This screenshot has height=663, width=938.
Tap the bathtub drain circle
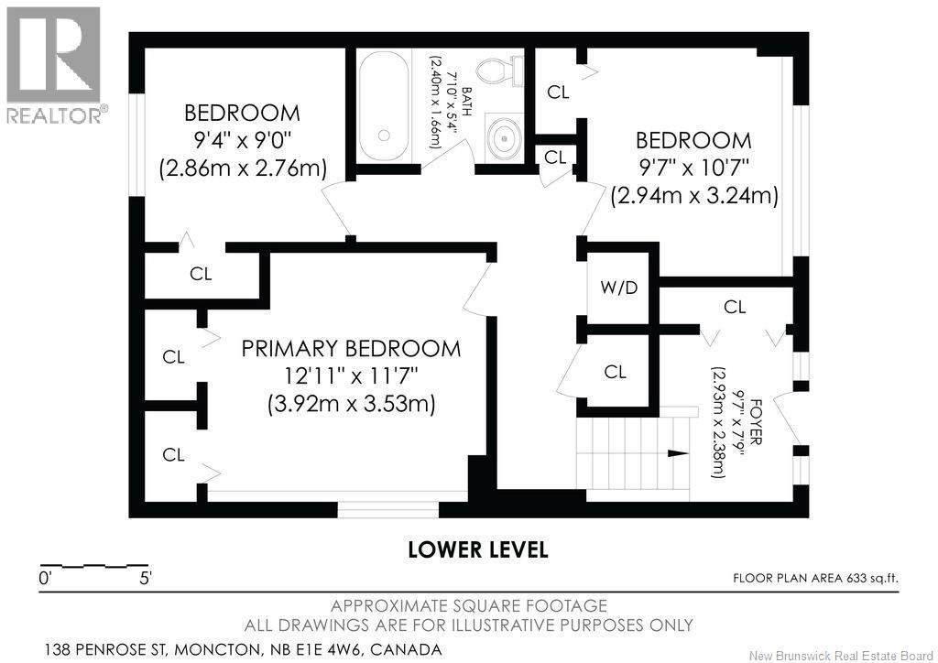pyautogui.click(x=384, y=136)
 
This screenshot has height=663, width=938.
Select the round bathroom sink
pyautogui.click(x=505, y=138)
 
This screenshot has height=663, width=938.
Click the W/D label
pyautogui.click(x=619, y=288)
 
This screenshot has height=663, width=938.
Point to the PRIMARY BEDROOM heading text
pyautogui.click(x=351, y=349)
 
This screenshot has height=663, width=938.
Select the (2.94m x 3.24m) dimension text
pyautogui.click(x=694, y=195)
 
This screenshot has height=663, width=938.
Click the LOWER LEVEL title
pyautogui.click(x=478, y=549)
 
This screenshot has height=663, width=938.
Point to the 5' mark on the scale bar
pyautogui.click(x=146, y=579)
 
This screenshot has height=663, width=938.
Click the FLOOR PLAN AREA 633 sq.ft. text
pyautogui.click(x=815, y=578)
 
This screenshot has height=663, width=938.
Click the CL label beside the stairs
pyautogui.click(x=615, y=372)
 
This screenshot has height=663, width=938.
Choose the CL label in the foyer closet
pyautogui.click(x=735, y=307)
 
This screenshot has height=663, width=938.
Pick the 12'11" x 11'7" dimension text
pyautogui.click(x=351, y=376)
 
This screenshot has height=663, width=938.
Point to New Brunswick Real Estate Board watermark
pyautogui.click(x=841, y=657)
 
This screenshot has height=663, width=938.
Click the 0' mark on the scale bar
pyautogui.click(x=45, y=579)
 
